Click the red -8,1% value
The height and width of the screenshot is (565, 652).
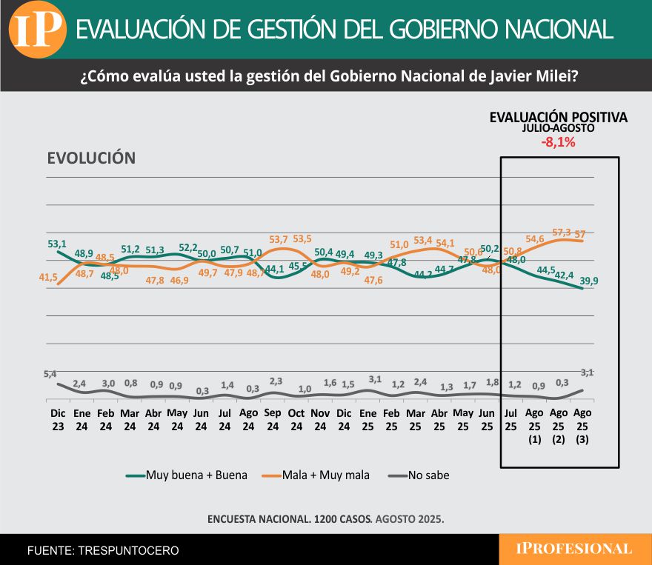(559, 142)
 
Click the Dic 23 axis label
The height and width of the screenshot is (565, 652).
(58, 419)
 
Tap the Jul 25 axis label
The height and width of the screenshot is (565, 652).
(511, 419)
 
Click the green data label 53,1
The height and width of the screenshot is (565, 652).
(57, 244)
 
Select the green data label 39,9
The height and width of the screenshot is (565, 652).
(590, 281)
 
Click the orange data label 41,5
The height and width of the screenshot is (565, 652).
(49, 276)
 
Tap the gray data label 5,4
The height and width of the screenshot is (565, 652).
(50, 374)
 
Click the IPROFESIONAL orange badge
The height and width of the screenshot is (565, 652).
(574, 549)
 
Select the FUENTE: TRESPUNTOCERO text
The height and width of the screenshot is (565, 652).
(103, 551)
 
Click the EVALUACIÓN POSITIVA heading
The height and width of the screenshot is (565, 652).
(559, 118)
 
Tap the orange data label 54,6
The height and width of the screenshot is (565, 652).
(535, 238)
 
